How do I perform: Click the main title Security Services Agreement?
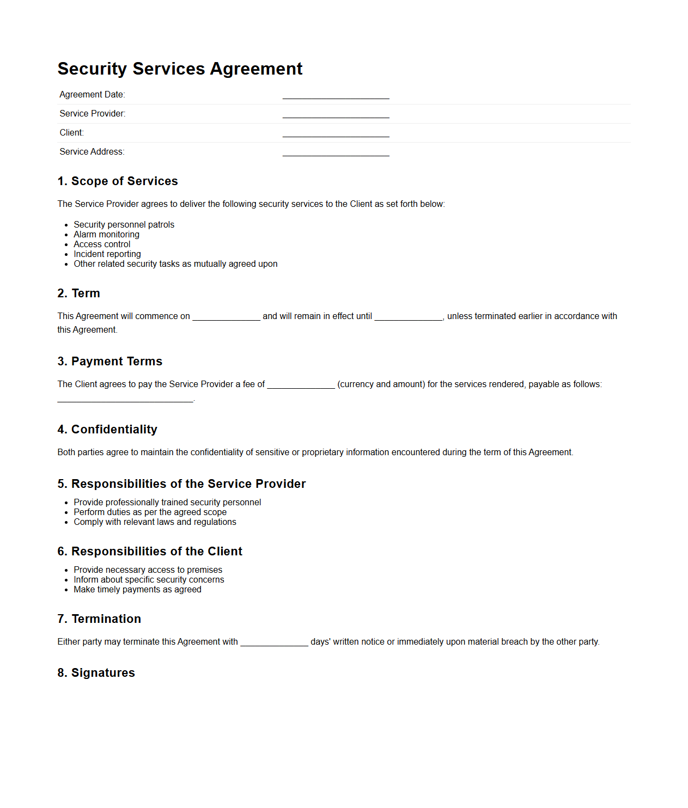point(180,69)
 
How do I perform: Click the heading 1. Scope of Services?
point(118,181)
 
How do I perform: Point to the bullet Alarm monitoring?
point(106,235)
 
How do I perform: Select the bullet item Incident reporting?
point(107,254)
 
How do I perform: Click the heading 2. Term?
point(78,293)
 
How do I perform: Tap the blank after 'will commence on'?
point(226,317)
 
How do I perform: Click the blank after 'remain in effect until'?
point(409,317)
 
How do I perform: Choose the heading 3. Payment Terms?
point(109,362)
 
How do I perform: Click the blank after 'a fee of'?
point(301,385)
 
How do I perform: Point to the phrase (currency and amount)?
point(381,384)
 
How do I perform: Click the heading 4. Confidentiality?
point(107,430)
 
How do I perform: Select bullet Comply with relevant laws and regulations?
point(155,522)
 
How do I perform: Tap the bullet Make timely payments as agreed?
point(137,590)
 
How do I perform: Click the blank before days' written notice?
point(274,642)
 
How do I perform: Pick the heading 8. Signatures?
point(96,673)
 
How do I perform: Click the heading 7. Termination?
point(99,619)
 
